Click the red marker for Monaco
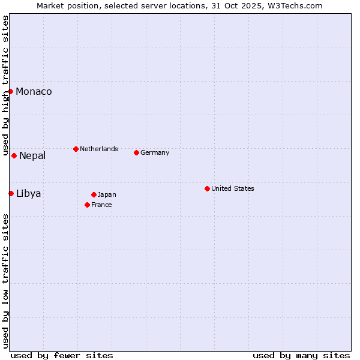[x=11, y=91]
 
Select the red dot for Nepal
[x=14, y=155]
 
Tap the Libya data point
[x=11, y=193]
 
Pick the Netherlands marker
[x=76, y=149]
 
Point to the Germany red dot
[x=136, y=152]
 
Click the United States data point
[x=207, y=188]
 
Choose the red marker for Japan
[x=94, y=194]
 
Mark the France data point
[x=87, y=205]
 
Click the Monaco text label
[x=34, y=91]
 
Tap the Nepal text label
[x=32, y=156]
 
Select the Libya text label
[x=28, y=193]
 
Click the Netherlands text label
[x=99, y=149]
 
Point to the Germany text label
[x=155, y=152]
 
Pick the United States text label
[x=233, y=188]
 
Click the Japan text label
[x=107, y=194]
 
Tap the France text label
[x=101, y=205]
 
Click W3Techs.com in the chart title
[x=295, y=5]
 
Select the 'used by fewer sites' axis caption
[x=62, y=355]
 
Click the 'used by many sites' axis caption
[x=301, y=355]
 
